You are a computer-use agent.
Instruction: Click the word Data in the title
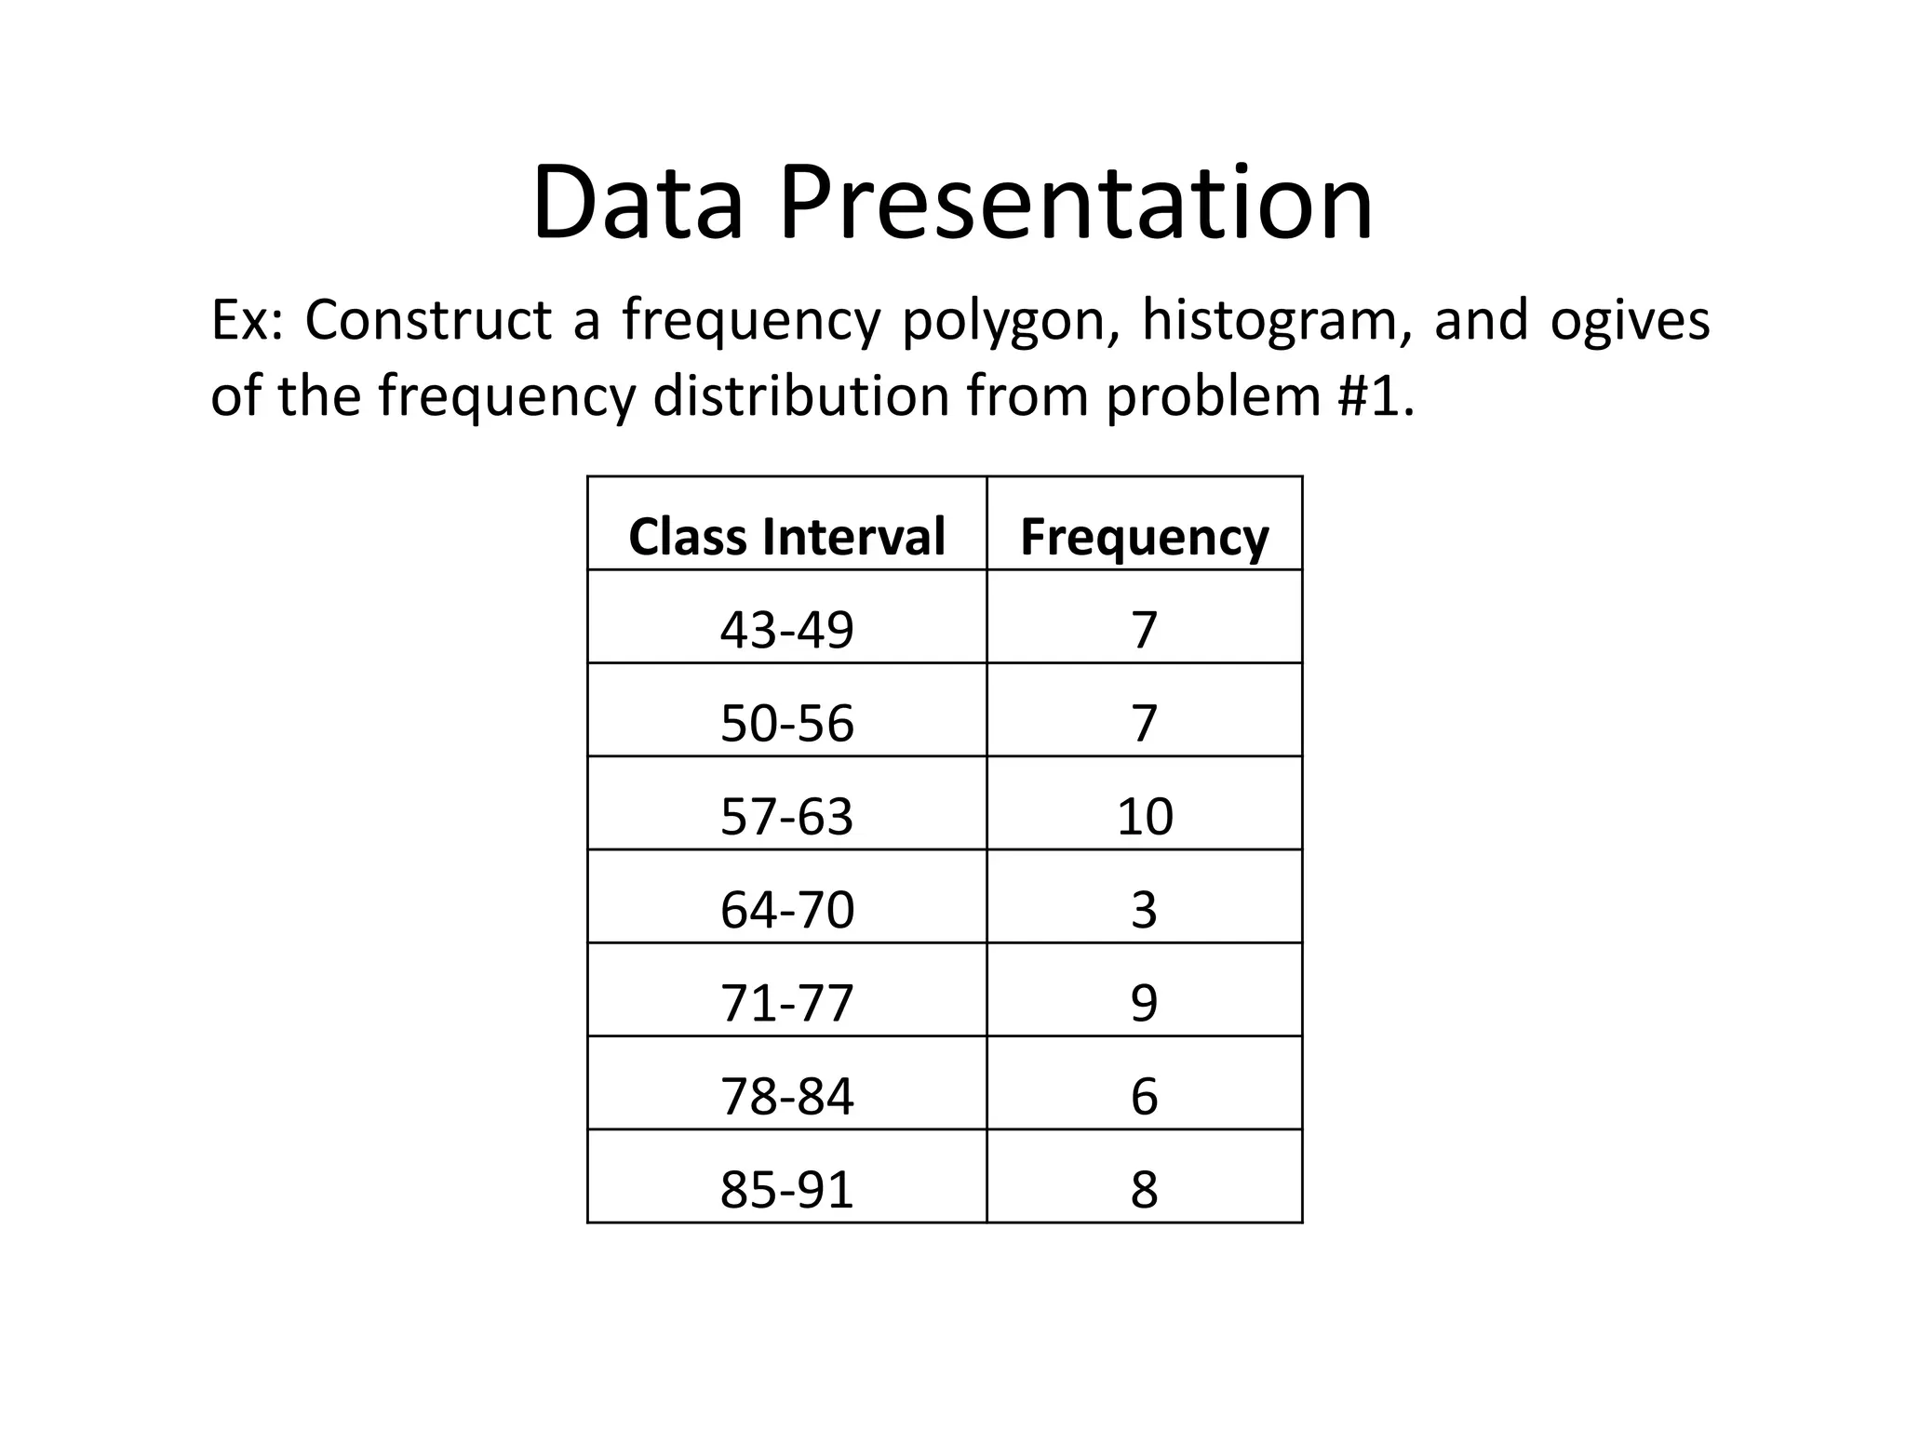638,203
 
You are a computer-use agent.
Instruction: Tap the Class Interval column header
786,537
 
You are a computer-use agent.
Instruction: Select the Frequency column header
1144,537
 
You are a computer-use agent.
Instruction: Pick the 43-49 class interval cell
786,630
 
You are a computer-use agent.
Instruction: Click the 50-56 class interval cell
786,723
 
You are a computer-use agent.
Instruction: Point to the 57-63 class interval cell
786,816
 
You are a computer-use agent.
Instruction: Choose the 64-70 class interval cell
786,910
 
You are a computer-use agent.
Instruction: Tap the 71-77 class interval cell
786,1003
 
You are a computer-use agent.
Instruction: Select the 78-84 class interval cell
786,1096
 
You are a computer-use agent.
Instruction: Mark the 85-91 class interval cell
786,1189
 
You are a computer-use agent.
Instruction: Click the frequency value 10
1144,816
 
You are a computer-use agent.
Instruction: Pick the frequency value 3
1144,910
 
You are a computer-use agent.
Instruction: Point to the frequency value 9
1144,1003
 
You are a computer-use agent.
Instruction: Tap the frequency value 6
1144,1096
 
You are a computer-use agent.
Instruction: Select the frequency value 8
1144,1189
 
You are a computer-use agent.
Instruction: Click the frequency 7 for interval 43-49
1144,630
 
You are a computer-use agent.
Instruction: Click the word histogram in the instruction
1270,321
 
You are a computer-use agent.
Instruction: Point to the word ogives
1630,321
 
